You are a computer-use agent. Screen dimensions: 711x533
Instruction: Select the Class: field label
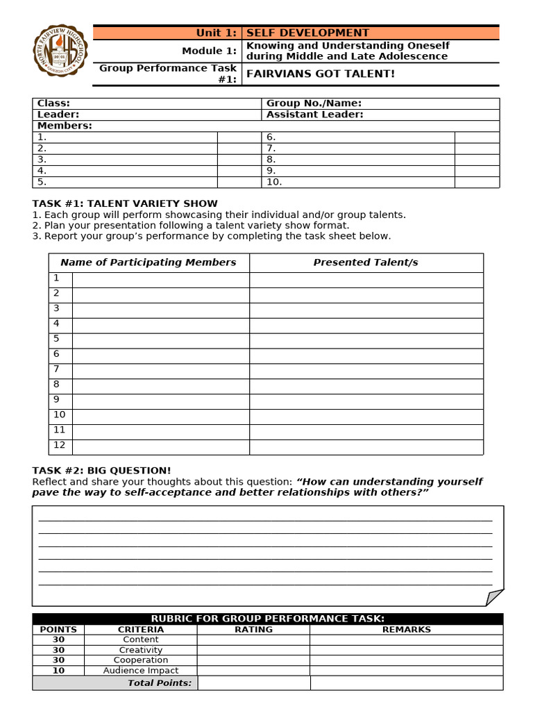pos(53,103)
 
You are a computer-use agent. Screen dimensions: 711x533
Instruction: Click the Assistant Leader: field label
pos(314,115)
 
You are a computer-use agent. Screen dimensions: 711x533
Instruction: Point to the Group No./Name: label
pos(314,103)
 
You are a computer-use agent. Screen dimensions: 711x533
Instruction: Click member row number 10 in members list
pos(274,182)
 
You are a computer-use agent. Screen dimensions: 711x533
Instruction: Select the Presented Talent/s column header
pos(366,262)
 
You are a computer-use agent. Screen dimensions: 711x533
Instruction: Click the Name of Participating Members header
pos(149,262)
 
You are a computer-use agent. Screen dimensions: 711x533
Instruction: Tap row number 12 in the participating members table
pos(60,445)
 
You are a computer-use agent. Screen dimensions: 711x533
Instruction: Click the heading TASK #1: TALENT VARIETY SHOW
pos(125,203)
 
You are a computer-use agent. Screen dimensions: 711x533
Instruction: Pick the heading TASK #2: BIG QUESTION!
pos(101,470)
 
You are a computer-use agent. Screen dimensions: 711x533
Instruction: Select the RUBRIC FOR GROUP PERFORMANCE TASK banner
pos(268,619)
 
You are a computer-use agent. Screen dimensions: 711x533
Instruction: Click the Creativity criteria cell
pos(141,650)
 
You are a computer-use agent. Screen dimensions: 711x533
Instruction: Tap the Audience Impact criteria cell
pos(141,671)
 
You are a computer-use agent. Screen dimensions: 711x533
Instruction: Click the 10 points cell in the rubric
pos(58,671)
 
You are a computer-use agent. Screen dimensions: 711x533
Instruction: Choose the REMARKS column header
pos(406,630)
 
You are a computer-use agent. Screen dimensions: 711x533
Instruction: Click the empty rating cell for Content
pos(253,639)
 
